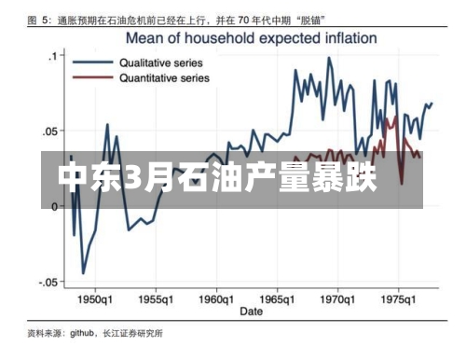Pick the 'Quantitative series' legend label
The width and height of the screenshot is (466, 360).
(164, 78)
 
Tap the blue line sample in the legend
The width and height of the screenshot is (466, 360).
(96, 62)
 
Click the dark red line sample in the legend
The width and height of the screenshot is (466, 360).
(96, 78)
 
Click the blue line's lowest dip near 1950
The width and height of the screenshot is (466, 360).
(83, 273)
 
